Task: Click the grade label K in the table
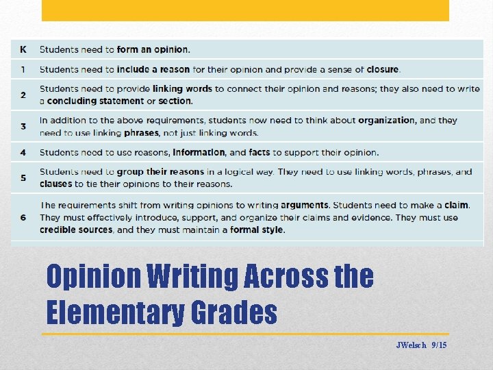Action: point(23,49)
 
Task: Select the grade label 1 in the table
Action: point(23,69)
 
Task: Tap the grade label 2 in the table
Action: point(23,95)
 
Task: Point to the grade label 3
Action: point(23,126)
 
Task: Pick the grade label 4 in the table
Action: point(23,152)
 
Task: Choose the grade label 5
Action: point(23,177)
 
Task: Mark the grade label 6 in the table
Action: point(23,217)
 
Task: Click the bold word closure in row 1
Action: point(383,69)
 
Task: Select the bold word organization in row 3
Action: point(386,120)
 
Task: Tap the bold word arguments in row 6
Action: point(305,205)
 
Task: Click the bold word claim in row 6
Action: point(456,205)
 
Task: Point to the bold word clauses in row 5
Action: point(55,184)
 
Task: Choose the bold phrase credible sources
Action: point(76,230)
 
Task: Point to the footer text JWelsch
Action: point(411,345)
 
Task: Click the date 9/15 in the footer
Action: point(440,345)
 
